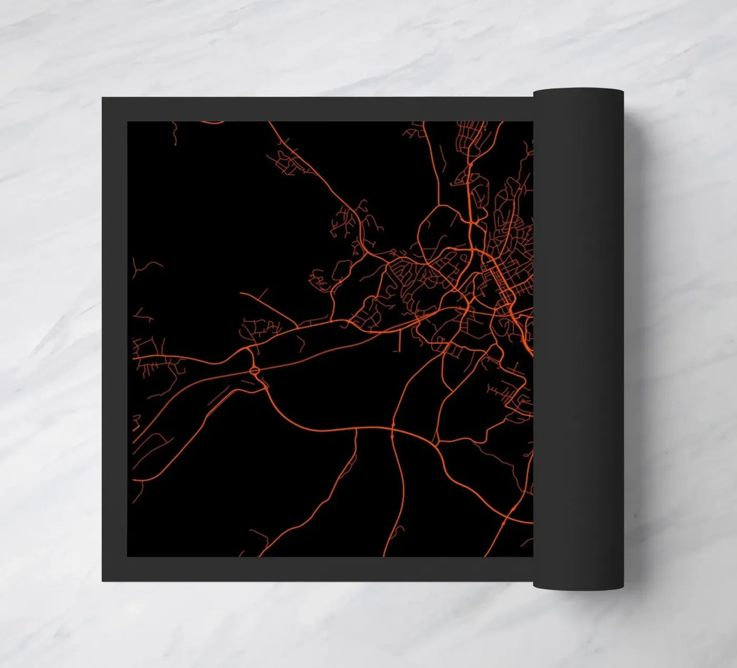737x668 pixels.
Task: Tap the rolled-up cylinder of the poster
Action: point(578,337)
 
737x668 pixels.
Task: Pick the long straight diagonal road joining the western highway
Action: point(266,305)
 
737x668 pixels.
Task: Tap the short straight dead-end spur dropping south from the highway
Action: point(399,340)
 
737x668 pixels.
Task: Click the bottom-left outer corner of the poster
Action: point(102,581)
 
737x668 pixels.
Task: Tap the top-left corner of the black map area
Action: point(128,122)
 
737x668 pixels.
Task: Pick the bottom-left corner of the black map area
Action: point(128,556)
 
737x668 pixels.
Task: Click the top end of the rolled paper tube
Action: point(578,91)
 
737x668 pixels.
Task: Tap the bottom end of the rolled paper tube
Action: point(578,587)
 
